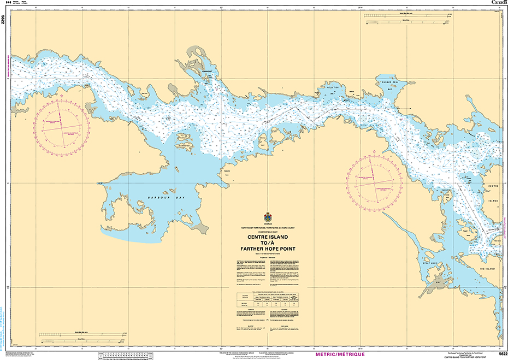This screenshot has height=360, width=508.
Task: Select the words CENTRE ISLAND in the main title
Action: [x=268, y=238]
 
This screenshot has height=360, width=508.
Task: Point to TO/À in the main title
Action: [x=268, y=243]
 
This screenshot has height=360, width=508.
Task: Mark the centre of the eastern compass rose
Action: [x=375, y=176]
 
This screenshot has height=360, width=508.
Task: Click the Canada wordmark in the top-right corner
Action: [x=499, y=3]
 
